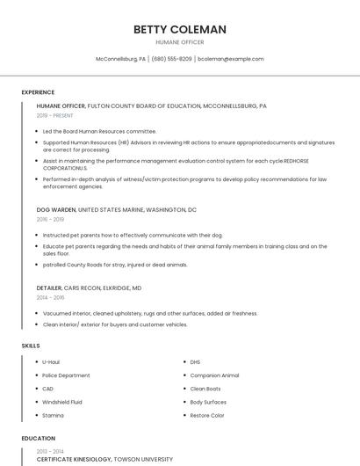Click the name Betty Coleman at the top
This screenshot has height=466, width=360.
[x=179, y=29]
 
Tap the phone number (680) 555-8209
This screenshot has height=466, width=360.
[x=171, y=59]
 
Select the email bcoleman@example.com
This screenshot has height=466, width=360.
[x=230, y=59]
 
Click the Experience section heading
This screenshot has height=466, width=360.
[x=38, y=91]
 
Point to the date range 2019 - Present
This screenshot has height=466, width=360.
[x=55, y=115]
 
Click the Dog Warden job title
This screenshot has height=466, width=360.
[x=56, y=210]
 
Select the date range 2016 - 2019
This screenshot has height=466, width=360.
[x=50, y=219]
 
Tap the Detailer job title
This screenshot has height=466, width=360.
[x=49, y=288]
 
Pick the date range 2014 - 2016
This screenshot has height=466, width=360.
[x=50, y=297]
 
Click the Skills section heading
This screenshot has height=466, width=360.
[x=31, y=346]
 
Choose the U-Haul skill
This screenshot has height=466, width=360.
[x=51, y=361]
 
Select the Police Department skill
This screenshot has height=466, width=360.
[x=66, y=375]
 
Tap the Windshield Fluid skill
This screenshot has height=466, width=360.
[x=63, y=402]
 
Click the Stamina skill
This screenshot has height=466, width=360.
[x=53, y=415]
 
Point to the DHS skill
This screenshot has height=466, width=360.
[x=195, y=361]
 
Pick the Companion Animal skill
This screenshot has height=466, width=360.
[x=214, y=375]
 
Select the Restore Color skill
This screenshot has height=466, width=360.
[x=207, y=415]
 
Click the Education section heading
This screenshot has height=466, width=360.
[x=38, y=438]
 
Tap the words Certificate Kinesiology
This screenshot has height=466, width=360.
[x=75, y=459]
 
